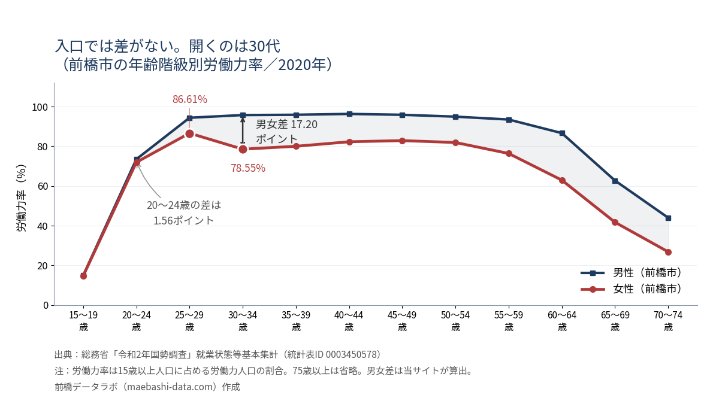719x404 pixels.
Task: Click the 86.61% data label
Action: point(190,99)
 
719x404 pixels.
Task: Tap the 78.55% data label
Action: point(248,168)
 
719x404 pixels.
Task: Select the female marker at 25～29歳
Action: point(190,133)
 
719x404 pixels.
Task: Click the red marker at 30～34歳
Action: point(243,149)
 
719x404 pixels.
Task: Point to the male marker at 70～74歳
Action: point(668,218)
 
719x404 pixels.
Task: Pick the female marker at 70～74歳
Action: point(668,253)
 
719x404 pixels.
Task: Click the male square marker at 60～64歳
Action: point(562,133)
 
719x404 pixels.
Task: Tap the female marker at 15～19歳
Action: point(83,276)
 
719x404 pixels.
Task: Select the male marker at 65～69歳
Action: point(615,181)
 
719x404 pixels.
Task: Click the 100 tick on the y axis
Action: point(40,107)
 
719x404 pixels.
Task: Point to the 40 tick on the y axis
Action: point(43,226)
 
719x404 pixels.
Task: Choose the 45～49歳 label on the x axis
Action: point(402,321)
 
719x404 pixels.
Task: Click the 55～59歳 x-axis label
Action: point(509,321)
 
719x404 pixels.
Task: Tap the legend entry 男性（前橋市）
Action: point(632,273)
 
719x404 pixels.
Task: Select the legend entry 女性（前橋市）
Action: point(632,289)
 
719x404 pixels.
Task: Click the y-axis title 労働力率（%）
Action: point(21,198)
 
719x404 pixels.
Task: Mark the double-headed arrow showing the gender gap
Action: point(243,131)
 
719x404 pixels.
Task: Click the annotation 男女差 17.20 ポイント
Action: point(286,132)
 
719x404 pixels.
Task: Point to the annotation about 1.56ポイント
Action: point(184,212)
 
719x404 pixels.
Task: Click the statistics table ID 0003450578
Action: point(352,354)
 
